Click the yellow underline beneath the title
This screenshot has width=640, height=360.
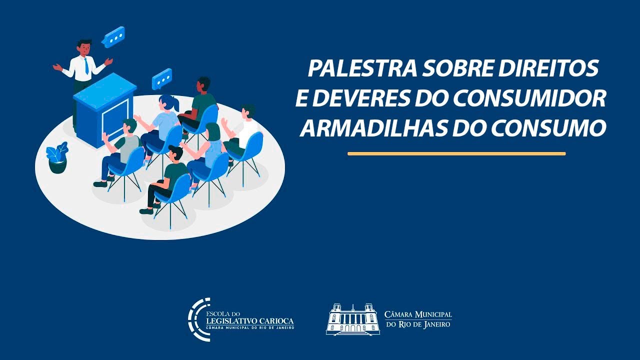click(456, 153)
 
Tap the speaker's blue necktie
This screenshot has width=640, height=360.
click(86, 66)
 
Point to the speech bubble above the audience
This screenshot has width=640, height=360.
click(162, 79)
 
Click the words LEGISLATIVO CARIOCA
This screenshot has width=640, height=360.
click(249, 320)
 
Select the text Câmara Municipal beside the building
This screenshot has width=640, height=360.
click(418, 315)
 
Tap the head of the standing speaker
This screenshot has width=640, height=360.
click(84, 47)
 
